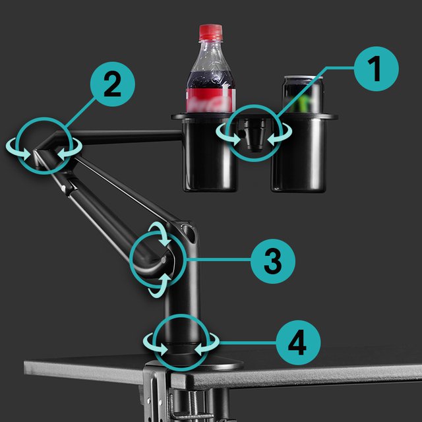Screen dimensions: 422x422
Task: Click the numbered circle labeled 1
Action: click(x=376, y=69)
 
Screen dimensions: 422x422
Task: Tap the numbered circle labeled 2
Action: click(x=113, y=84)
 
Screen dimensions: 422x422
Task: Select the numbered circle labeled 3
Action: click(x=272, y=261)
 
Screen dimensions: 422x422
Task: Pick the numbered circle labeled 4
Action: click(x=298, y=343)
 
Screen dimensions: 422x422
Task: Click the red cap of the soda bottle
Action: click(x=211, y=32)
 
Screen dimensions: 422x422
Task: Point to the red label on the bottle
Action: click(x=210, y=100)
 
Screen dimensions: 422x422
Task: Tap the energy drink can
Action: click(x=303, y=94)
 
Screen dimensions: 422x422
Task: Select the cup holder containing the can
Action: click(x=301, y=152)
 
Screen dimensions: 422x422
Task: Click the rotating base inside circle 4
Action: click(x=181, y=350)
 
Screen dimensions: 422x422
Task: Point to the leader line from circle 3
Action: click(x=218, y=260)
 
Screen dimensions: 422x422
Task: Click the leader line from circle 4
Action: click(x=248, y=343)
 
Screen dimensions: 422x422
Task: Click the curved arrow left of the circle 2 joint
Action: click(x=18, y=150)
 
